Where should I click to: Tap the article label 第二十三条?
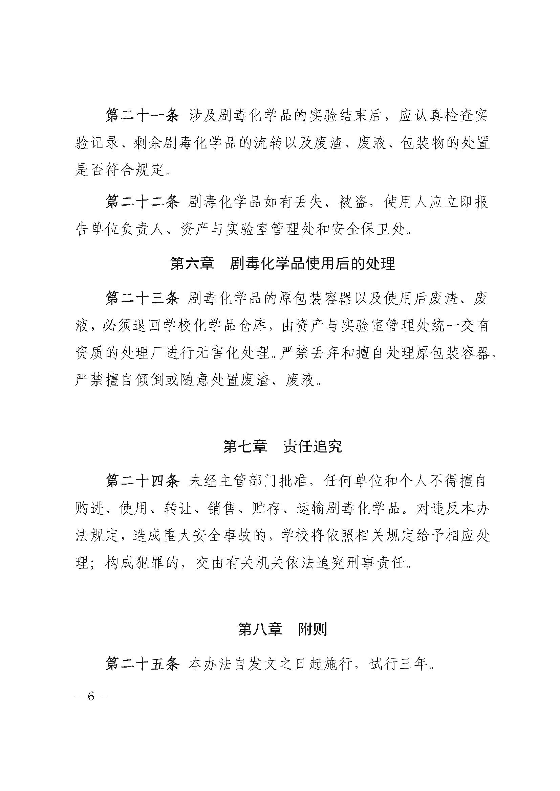pyautogui.click(x=142, y=298)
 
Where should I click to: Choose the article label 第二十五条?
pyautogui.click(x=142, y=664)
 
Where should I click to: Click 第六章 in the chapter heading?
pyautogui.click(x=192, y=264)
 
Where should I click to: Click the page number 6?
pyautogui.click(x=91, y=696)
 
